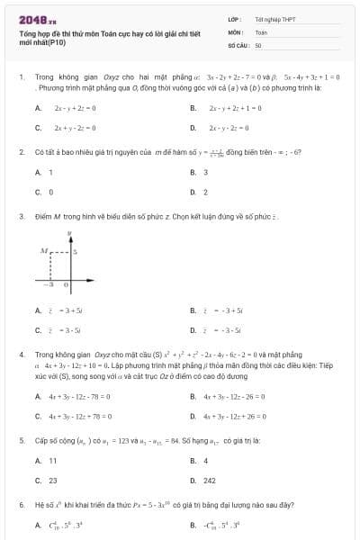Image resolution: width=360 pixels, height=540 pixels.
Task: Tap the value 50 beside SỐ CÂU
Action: tap(258, 44)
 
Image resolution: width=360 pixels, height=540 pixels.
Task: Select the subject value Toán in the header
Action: tap(261, 31)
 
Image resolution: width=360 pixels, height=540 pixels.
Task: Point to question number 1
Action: tap(21, 77)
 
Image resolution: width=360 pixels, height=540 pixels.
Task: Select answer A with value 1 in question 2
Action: tap(45, 172)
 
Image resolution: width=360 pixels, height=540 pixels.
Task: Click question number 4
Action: tap(21, 355)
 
